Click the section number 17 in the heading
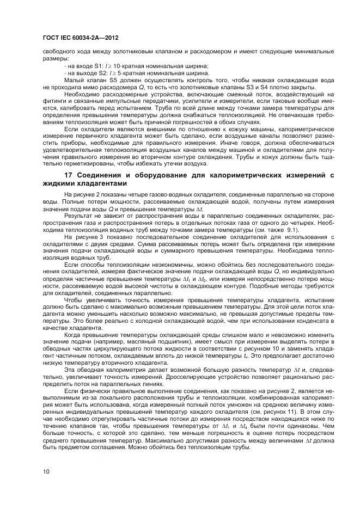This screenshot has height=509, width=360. click(69, 175)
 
